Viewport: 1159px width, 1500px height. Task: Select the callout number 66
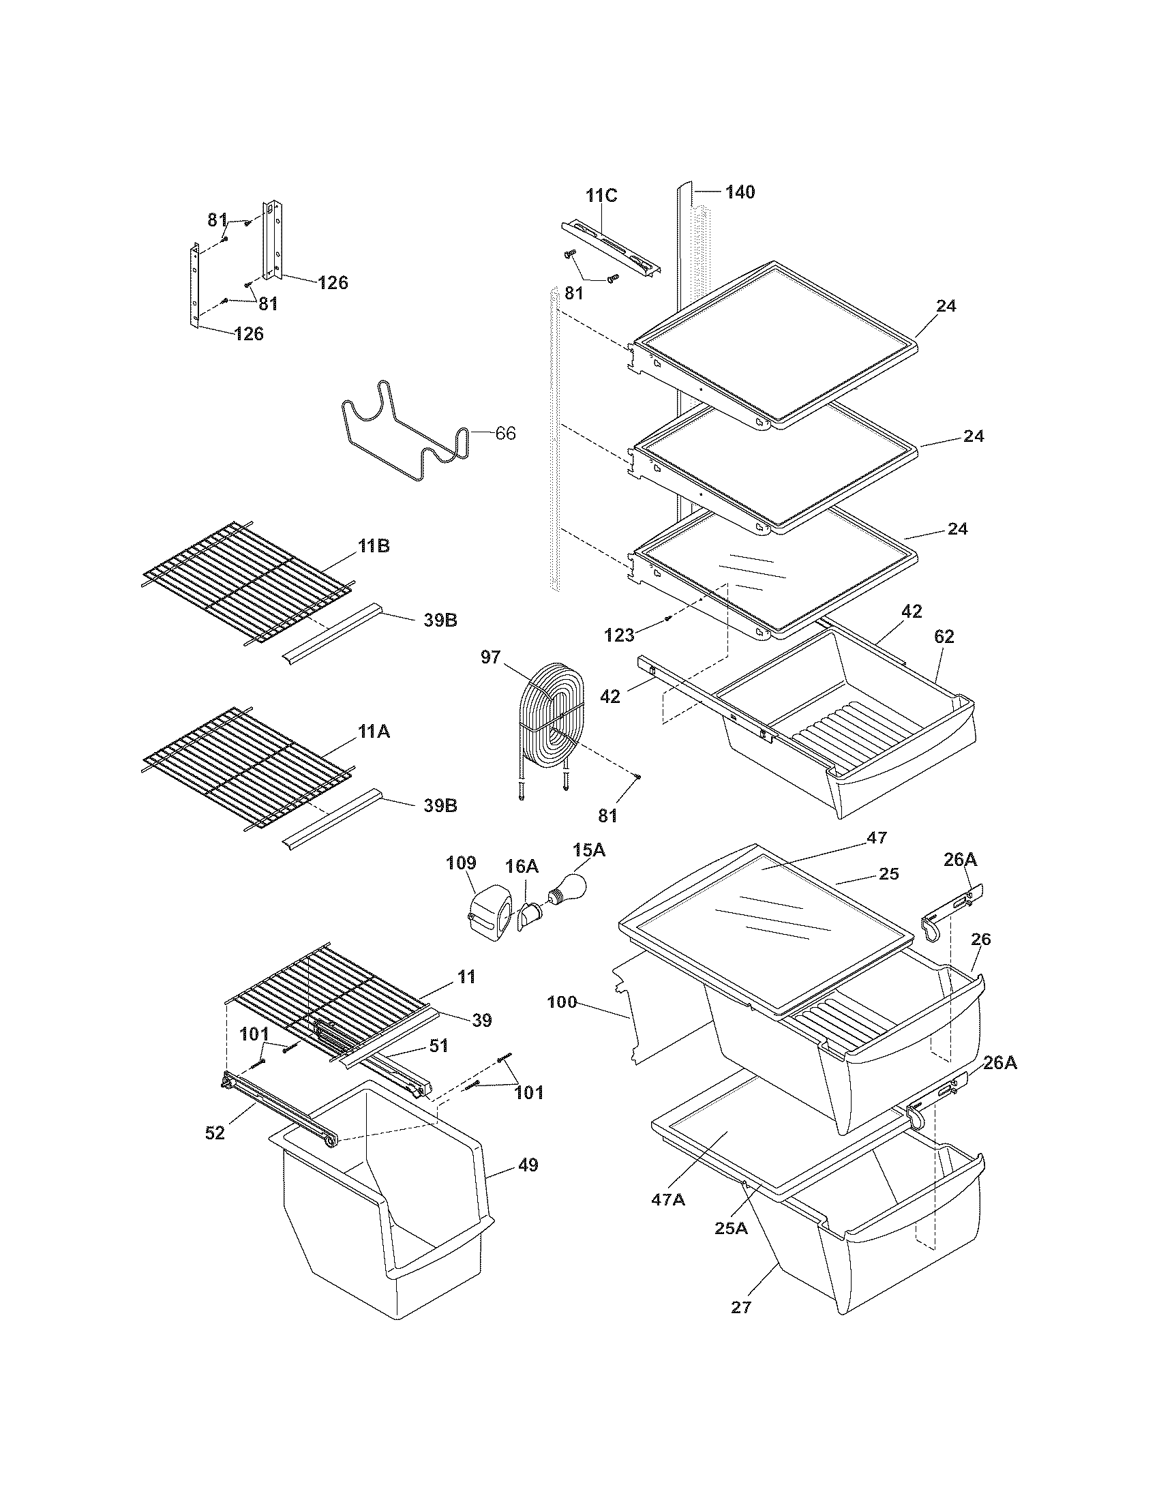[505, 434]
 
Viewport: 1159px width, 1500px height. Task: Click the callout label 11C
[601, 195]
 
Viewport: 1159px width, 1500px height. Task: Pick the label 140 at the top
[740, 192]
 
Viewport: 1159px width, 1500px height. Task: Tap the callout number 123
[619, 635]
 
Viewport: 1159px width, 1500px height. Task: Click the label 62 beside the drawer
[944, 637]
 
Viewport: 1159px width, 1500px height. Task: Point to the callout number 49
[528, 1165]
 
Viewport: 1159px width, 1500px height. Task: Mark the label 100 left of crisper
[563, 1002]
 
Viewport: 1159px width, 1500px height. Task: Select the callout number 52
[215, 1132]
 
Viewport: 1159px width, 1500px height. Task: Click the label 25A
[731, 1227]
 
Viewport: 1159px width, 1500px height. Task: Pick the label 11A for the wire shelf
[374, 732]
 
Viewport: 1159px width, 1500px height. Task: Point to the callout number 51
[438, 1045]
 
